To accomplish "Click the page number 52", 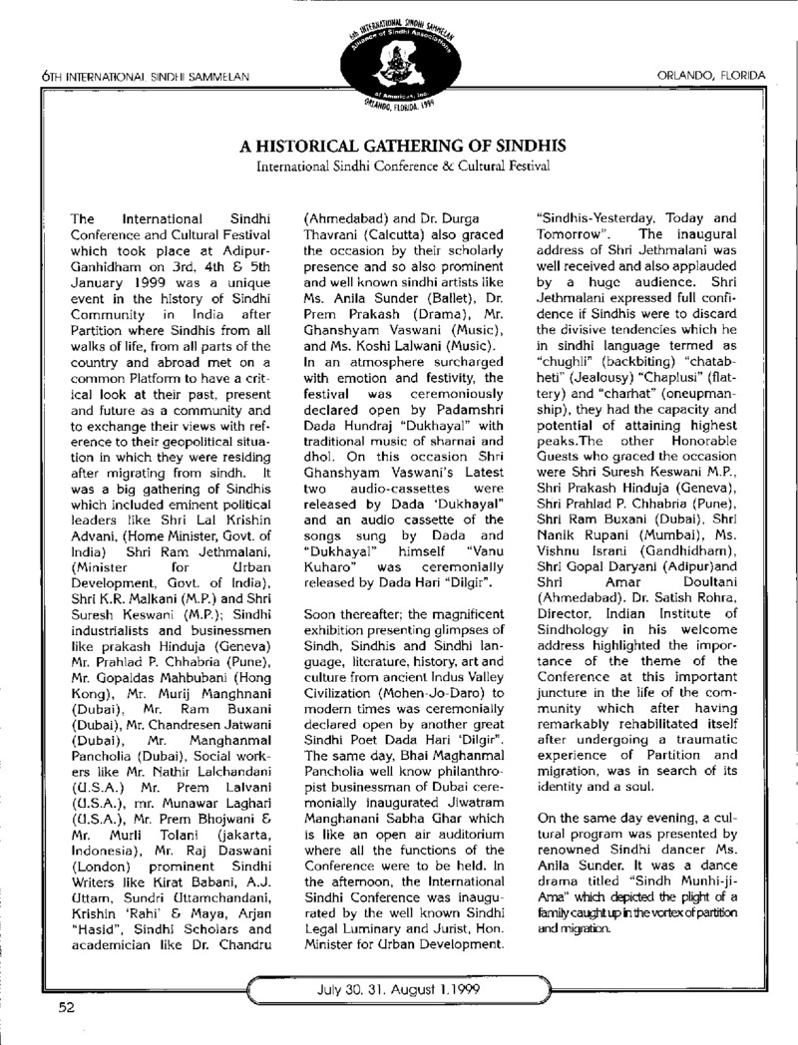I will [66, 1008].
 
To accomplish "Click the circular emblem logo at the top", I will [400, 57].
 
